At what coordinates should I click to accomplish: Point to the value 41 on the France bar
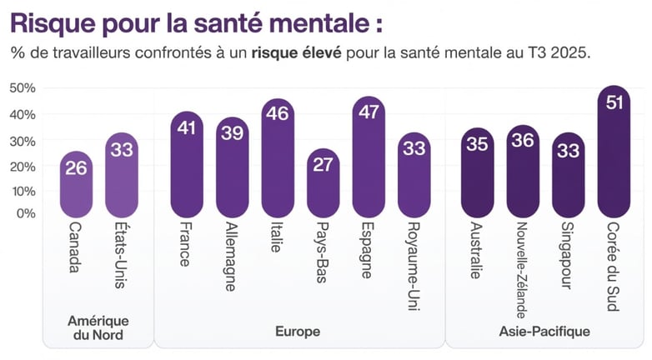188,127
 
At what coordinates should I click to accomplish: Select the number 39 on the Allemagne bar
233,133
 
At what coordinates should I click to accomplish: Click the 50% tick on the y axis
23,88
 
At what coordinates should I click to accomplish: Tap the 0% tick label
26,213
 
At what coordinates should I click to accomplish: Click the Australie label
477,250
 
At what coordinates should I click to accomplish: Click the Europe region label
298,332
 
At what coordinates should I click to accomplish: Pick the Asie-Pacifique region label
545,332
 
